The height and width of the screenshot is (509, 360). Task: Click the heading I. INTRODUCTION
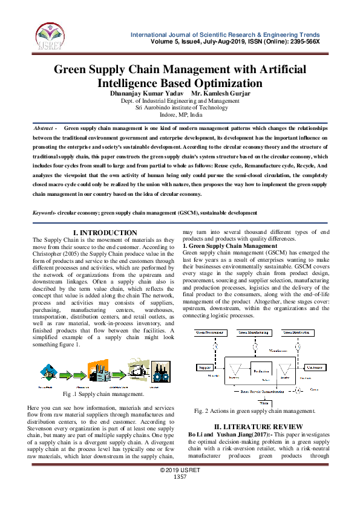coord(105,233)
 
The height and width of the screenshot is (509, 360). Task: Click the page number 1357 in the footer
coord(180,494)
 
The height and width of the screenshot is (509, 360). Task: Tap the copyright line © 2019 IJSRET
coord(180,487)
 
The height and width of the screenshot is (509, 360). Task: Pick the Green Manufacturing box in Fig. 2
coord(255,332)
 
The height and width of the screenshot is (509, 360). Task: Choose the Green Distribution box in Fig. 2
coord(298,332)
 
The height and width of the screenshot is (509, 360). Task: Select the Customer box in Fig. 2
coord(314,367)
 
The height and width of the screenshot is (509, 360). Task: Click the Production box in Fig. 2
coord(261,371)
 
